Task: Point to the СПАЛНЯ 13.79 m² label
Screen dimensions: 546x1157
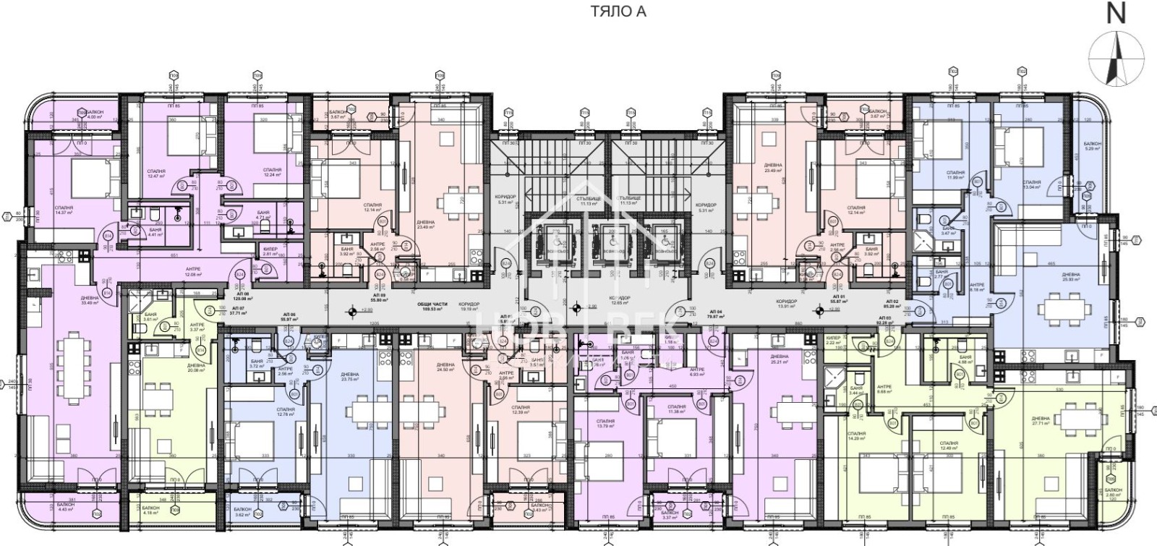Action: [605, 424]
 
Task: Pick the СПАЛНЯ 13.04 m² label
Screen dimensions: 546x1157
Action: [1031, 184]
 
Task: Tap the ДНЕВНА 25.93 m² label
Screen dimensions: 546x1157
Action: [1071, 277]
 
